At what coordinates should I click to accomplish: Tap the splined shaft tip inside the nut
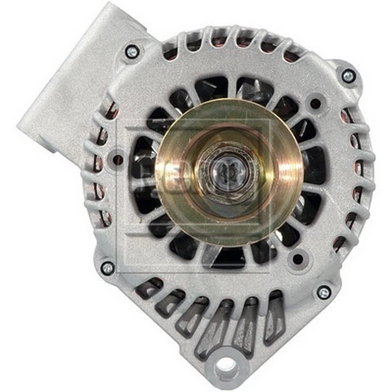pos(223,174)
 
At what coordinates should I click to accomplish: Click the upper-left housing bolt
pos(131,52)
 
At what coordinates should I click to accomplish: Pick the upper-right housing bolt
pos(349,76)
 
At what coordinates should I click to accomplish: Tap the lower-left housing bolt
pos(107,267)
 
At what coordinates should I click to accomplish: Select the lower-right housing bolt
pos(324,292)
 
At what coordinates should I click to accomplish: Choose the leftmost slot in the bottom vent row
pos(149,287)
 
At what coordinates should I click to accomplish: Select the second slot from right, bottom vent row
pos(249,322)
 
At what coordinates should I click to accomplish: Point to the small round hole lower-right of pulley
pos(298,260)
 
